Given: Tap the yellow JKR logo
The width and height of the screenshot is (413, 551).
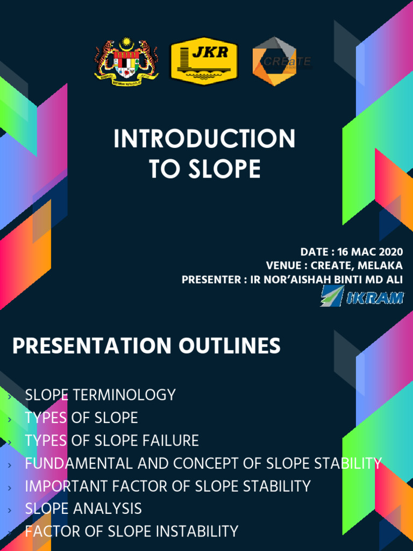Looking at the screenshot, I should click(x=204, y=61).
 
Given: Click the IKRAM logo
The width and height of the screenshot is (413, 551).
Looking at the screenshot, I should click(x=361, y=296).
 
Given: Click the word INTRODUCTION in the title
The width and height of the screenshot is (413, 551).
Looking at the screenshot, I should click(x=204, y=139).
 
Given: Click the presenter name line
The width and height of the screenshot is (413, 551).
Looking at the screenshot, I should click(x=292, y=280).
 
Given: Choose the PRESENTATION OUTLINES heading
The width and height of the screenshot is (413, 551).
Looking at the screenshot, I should click(x=146, y=346).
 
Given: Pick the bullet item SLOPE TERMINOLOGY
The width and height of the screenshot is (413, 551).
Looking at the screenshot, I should click(x=100, y=395).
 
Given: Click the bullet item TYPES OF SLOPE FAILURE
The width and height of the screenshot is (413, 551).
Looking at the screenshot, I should click(x=112, y=441).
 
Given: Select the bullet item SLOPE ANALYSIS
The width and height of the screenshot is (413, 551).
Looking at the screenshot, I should click(x=83, y=508).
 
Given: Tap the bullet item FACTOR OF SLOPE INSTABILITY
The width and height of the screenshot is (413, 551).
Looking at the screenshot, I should click(x=131, y=532).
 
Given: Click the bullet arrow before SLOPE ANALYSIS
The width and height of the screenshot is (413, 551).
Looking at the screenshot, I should click(x=10, y=509).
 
